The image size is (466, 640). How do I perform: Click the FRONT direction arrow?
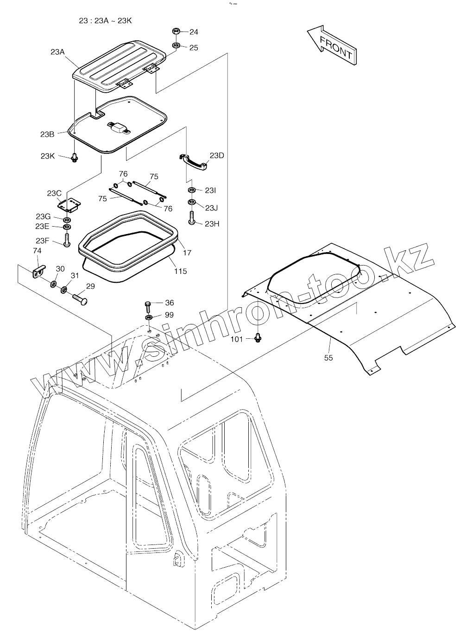[x=332, y=45]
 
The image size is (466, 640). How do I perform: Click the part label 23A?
[x=57, y=52]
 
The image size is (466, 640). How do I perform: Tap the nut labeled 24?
[x=176, y=32]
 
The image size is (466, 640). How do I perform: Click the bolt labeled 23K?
[x=74, y=158]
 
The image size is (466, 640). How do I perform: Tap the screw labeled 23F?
[x=67, y=240]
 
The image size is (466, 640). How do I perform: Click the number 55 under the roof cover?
[x=328, y=357]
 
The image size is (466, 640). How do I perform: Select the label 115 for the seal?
[x=180, y=271]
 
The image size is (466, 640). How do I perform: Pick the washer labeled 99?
[x=149, y=317]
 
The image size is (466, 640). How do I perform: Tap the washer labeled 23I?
[x=191, y=190]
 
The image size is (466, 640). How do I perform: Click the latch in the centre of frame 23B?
[x=120, y=127]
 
